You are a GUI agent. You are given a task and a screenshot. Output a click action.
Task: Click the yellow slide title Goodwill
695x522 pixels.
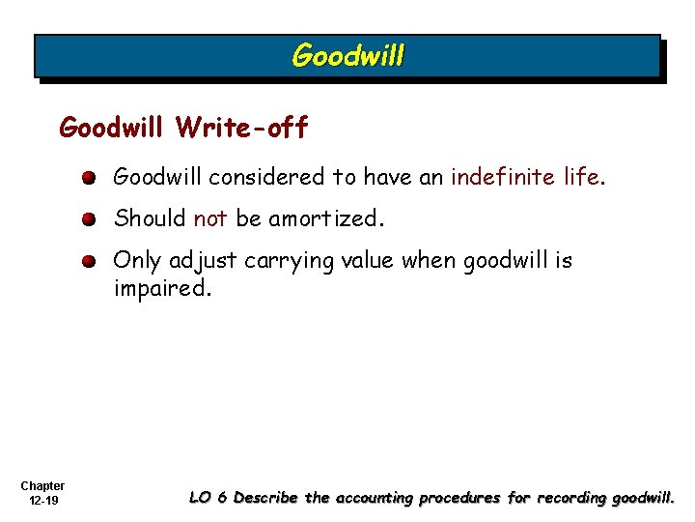(347, 56)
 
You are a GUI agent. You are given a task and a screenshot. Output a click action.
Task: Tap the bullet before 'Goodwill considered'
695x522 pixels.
(89, 178)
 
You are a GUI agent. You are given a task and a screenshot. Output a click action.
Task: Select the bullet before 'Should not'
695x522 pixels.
(89, 219)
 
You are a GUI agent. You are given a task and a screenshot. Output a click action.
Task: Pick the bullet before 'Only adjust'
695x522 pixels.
(89, 261)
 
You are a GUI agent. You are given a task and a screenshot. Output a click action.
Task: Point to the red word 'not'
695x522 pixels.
(209, 218)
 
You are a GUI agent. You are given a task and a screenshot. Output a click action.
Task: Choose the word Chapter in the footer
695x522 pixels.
(42, 486)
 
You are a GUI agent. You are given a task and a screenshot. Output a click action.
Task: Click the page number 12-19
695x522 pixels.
(42, 501)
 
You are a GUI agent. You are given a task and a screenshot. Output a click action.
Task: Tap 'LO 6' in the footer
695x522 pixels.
(208, 498)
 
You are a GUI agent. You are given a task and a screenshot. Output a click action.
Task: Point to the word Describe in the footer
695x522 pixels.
(266, 498)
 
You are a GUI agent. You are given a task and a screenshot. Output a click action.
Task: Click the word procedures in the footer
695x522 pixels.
(458, 498)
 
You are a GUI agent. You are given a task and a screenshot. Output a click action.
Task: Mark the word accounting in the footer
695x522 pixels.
(373, 498)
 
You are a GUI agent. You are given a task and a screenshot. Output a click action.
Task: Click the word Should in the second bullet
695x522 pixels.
(150, 218)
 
